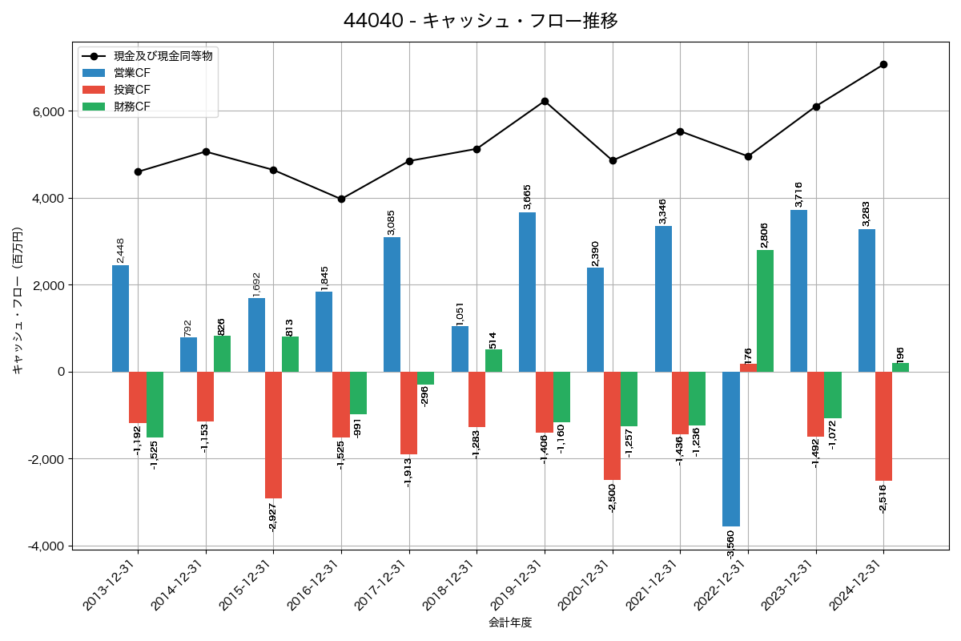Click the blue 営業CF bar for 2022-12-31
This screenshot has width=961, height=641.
pyautogui.click(x=730, y=449)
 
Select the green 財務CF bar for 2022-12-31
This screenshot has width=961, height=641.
pyautogui.click(x=765, y=311)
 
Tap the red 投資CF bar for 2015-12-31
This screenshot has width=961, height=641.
pyautogui.click(x=273, y=435)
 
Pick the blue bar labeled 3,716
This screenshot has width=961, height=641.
pyautogui.click(x=798, y=291)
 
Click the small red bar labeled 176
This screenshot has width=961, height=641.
pyautogui.click(x=748, y=368)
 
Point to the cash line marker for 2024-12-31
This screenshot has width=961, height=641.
pyautogui.click(x=883, y=64)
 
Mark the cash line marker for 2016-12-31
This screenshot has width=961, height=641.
pyautogui.click(x=341, y=199)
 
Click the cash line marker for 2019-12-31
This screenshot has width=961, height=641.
pyautogui.click(x=545, y=101)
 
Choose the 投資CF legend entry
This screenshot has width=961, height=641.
pyautogui.click(x=132, y=90)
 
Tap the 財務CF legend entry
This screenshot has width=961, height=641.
pyautogui.click(x=132, y=107)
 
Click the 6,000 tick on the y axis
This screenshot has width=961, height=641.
pyautogui.click(x=47, y=111)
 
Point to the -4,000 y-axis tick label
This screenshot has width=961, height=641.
pyautogui.click(x=45, y=546)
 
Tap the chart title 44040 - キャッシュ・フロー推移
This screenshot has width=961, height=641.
pyautogui.click(x=480, y=20)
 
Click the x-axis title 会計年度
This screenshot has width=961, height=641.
pyautogui.click(x=510, y=623)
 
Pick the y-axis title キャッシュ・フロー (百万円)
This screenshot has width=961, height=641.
pyautogui.click(x=18, y=300)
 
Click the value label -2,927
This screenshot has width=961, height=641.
pyautogui.click(x=272, y=516)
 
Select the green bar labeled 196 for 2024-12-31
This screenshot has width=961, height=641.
pyautogui.click(x=900, y=368)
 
